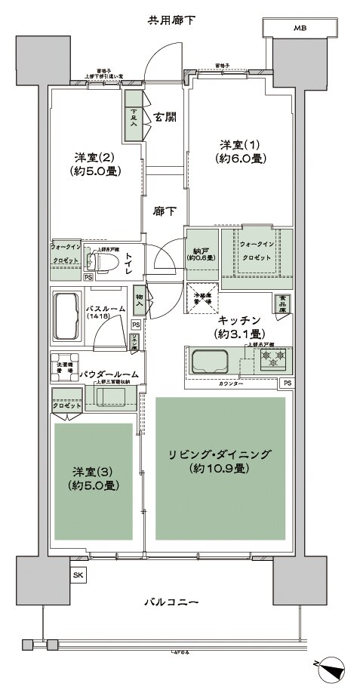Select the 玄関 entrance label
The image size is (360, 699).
(x=165, y=117)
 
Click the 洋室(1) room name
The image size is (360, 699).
(x=236, y=145)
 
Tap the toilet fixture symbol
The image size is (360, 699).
(x=100, y=262)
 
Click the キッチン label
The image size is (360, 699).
(x=240, y=319)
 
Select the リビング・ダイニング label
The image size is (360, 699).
(x=220, y=454)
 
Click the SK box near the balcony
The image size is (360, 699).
(x=78, y=575)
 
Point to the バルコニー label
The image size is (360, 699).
(x=172, y=602)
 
